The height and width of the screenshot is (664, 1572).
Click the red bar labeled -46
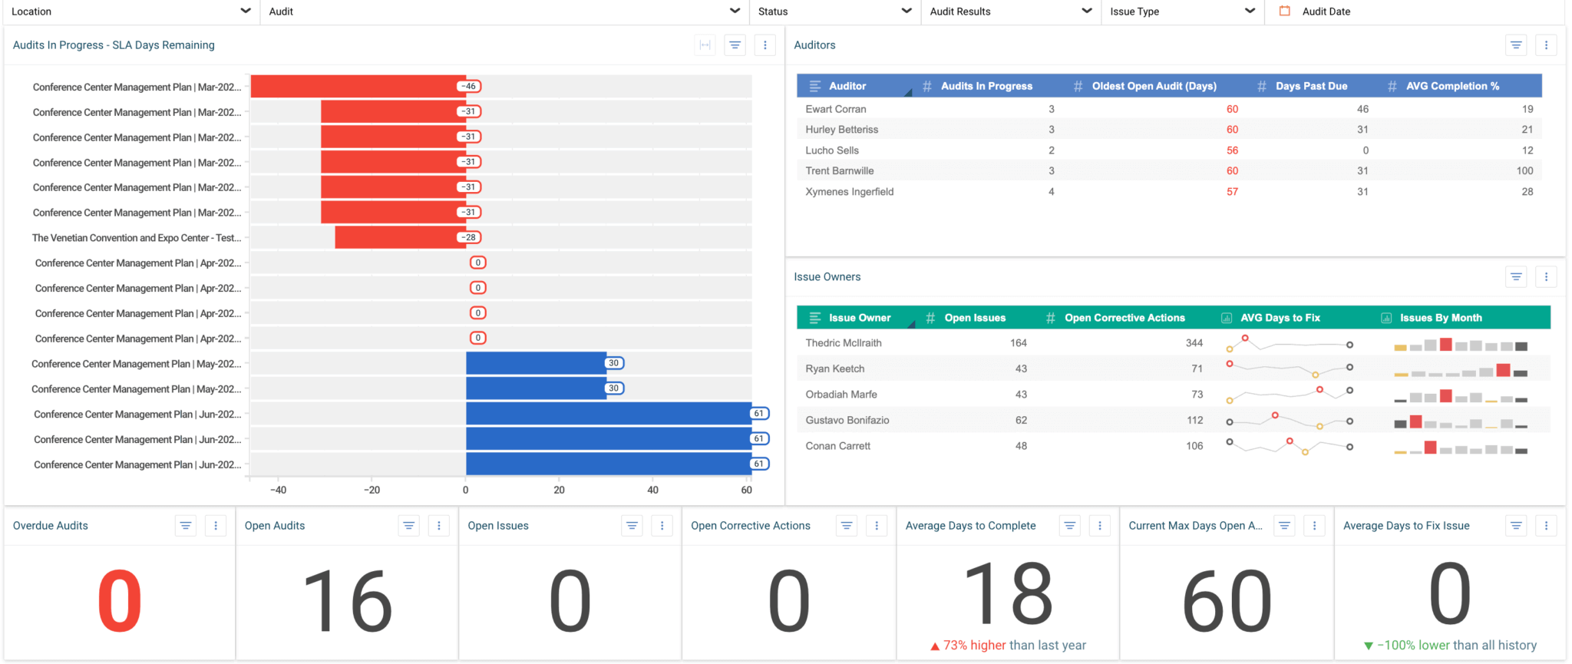pyautogui.click(x=357, y=87)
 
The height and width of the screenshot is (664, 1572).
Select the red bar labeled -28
pyautogui.click(x=399, y=237)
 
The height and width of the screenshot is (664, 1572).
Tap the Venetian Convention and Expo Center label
pyautogui.click(x=136, y=238)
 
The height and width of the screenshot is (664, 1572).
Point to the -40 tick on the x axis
pyautogui.click(x=278, y=490)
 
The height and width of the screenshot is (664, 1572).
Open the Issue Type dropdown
pyautogui.click(x=1181, y=12)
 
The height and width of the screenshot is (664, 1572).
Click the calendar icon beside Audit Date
pyautogui.click(x=1284, y=12)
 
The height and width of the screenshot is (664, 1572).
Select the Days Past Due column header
pyautogui.click(x=1311, y=86)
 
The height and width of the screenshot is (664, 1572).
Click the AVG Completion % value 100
pyautogui.click(x=1524, y=171)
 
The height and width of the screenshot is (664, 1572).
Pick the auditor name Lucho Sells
pyautogui.click(x=832, y=150)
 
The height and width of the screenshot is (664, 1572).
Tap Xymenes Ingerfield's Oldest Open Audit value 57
pyautogui.click(x=1232, y=192)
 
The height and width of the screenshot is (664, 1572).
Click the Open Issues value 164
pyautogui.click(x=1018, y=343)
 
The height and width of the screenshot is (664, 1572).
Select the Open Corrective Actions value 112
pyautogui.click(x=1194, y=420)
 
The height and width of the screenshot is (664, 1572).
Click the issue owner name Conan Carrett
pyautogui.click(x=837, y=446)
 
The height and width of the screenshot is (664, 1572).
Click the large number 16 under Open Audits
pyautogui.click(x=348, y=601)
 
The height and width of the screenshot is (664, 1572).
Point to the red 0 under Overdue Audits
pyautogui.click(x=120, y=601)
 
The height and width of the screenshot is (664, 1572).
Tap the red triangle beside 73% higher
pyautogui.click(x=935, y=646)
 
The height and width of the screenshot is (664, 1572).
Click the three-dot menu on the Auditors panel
pyautogui.click(x=1546, y=45)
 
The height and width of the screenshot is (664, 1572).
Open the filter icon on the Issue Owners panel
pyautogui.click(x=1516, y=277)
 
